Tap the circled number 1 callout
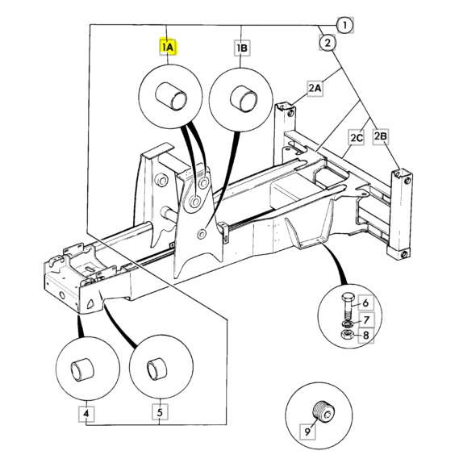point(344,27)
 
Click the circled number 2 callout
point(326,42)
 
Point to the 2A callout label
point(315,87)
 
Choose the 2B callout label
point(382,138)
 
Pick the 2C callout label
point(357,138)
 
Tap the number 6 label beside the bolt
point(365,303)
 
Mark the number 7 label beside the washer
point(365,320)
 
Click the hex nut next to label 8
point(344,335)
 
